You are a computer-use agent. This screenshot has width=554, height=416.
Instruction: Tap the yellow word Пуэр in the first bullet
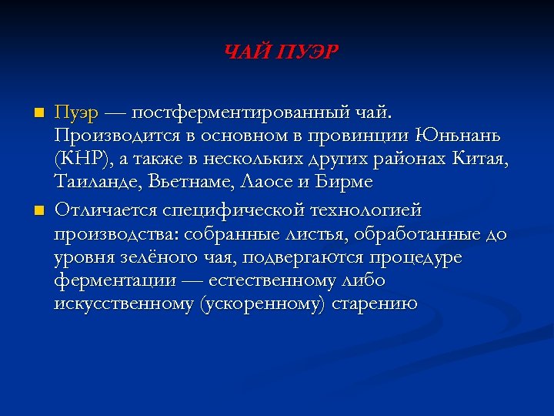[76, 113]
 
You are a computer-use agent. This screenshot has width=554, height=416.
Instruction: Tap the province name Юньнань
[457, 137]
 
